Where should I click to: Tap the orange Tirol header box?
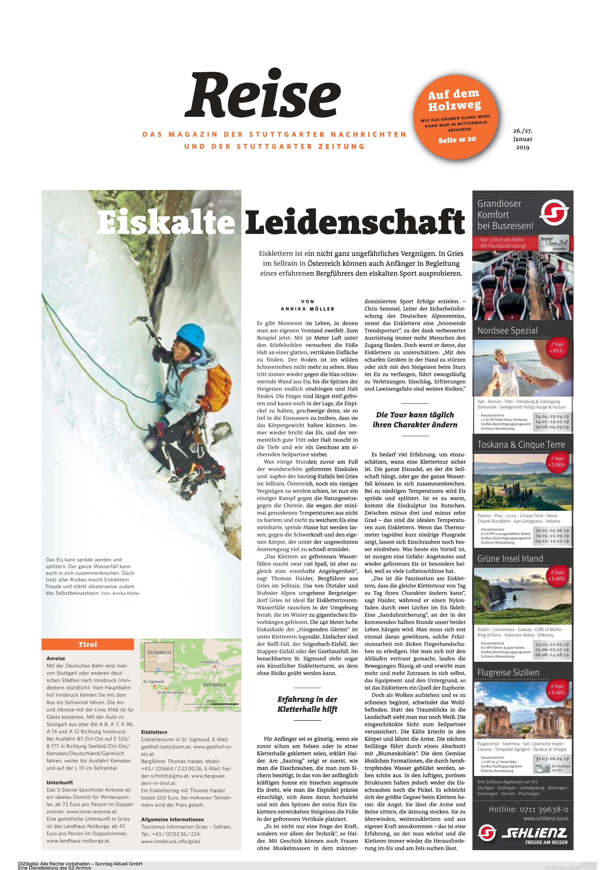coord(88,644)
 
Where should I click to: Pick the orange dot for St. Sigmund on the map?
coord(154,686)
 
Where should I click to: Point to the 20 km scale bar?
coord(211,703)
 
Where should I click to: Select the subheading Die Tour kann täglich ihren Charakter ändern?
coord(415,420)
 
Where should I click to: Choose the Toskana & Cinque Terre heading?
coord(521,444)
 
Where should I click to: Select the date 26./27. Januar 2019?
coord(523,139)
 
